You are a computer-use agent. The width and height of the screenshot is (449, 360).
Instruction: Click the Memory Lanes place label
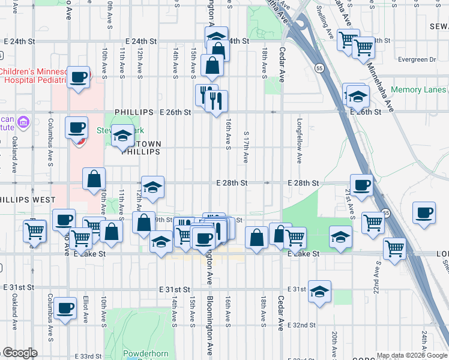(x=418, y=90)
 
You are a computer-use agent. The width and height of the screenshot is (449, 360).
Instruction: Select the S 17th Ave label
(x=246, y=147)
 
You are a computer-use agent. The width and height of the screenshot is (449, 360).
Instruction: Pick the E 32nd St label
(x=301, y=325)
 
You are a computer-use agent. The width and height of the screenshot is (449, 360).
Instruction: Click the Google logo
(x=20, y=353)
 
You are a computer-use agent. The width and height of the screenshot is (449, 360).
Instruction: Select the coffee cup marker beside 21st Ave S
(x=361, y=186)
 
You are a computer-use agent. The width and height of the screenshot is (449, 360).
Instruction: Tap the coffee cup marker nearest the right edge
(x=424, y=213)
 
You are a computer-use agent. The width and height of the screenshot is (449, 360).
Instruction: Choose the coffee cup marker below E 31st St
(x=65, y=309)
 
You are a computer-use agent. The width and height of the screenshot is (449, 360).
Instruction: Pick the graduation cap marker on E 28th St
(x=152, y=186)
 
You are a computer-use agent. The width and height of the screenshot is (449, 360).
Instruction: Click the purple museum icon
(x=25, y=122)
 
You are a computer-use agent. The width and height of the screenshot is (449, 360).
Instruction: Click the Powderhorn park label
(x=139, y=353)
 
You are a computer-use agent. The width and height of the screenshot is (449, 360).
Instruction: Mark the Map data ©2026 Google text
(x=411, y=355)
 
